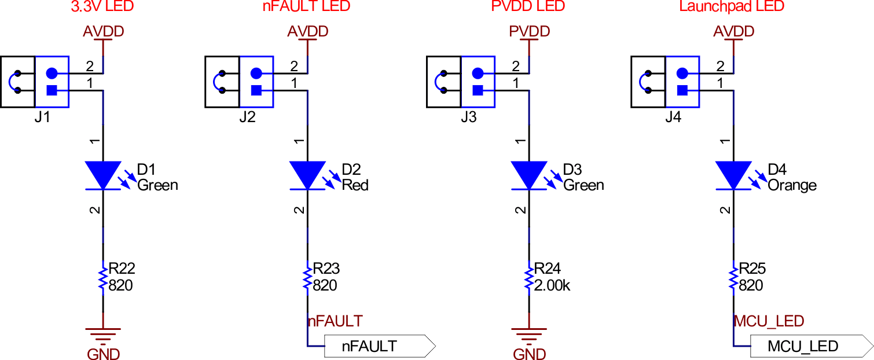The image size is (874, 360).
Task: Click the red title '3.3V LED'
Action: [x=103, y=6]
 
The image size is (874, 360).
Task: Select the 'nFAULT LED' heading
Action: [x=306, y=6]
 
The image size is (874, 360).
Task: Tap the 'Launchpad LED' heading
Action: [x=732, y=6]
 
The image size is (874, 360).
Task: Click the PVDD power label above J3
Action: [x=529, y=31]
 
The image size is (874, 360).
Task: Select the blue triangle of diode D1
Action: [x=103, y=174]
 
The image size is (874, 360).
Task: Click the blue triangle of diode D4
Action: [x=733, y=174]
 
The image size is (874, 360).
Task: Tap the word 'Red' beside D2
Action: [x=355, y=185]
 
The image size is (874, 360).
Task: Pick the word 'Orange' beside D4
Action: [x=792, y=185]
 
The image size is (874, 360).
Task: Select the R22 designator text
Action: [x=122, y=269]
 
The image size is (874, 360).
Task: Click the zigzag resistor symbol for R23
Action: [x=307, y=278]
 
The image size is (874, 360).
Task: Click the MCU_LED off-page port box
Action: [x=810, y=346]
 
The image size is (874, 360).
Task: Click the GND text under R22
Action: [x=103, y=353]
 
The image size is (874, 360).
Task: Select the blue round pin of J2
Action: [x=256, y=74]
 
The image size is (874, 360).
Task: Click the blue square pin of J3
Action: [x=478, y=90]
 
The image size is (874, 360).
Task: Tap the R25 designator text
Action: [x=752, y=269]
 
